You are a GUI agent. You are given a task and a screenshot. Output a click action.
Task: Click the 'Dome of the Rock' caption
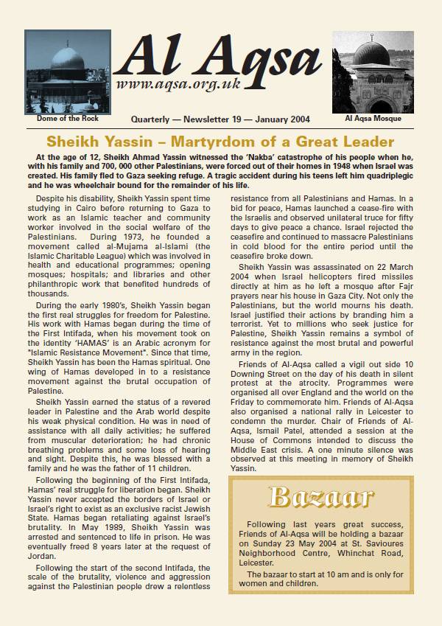coord(67,118)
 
